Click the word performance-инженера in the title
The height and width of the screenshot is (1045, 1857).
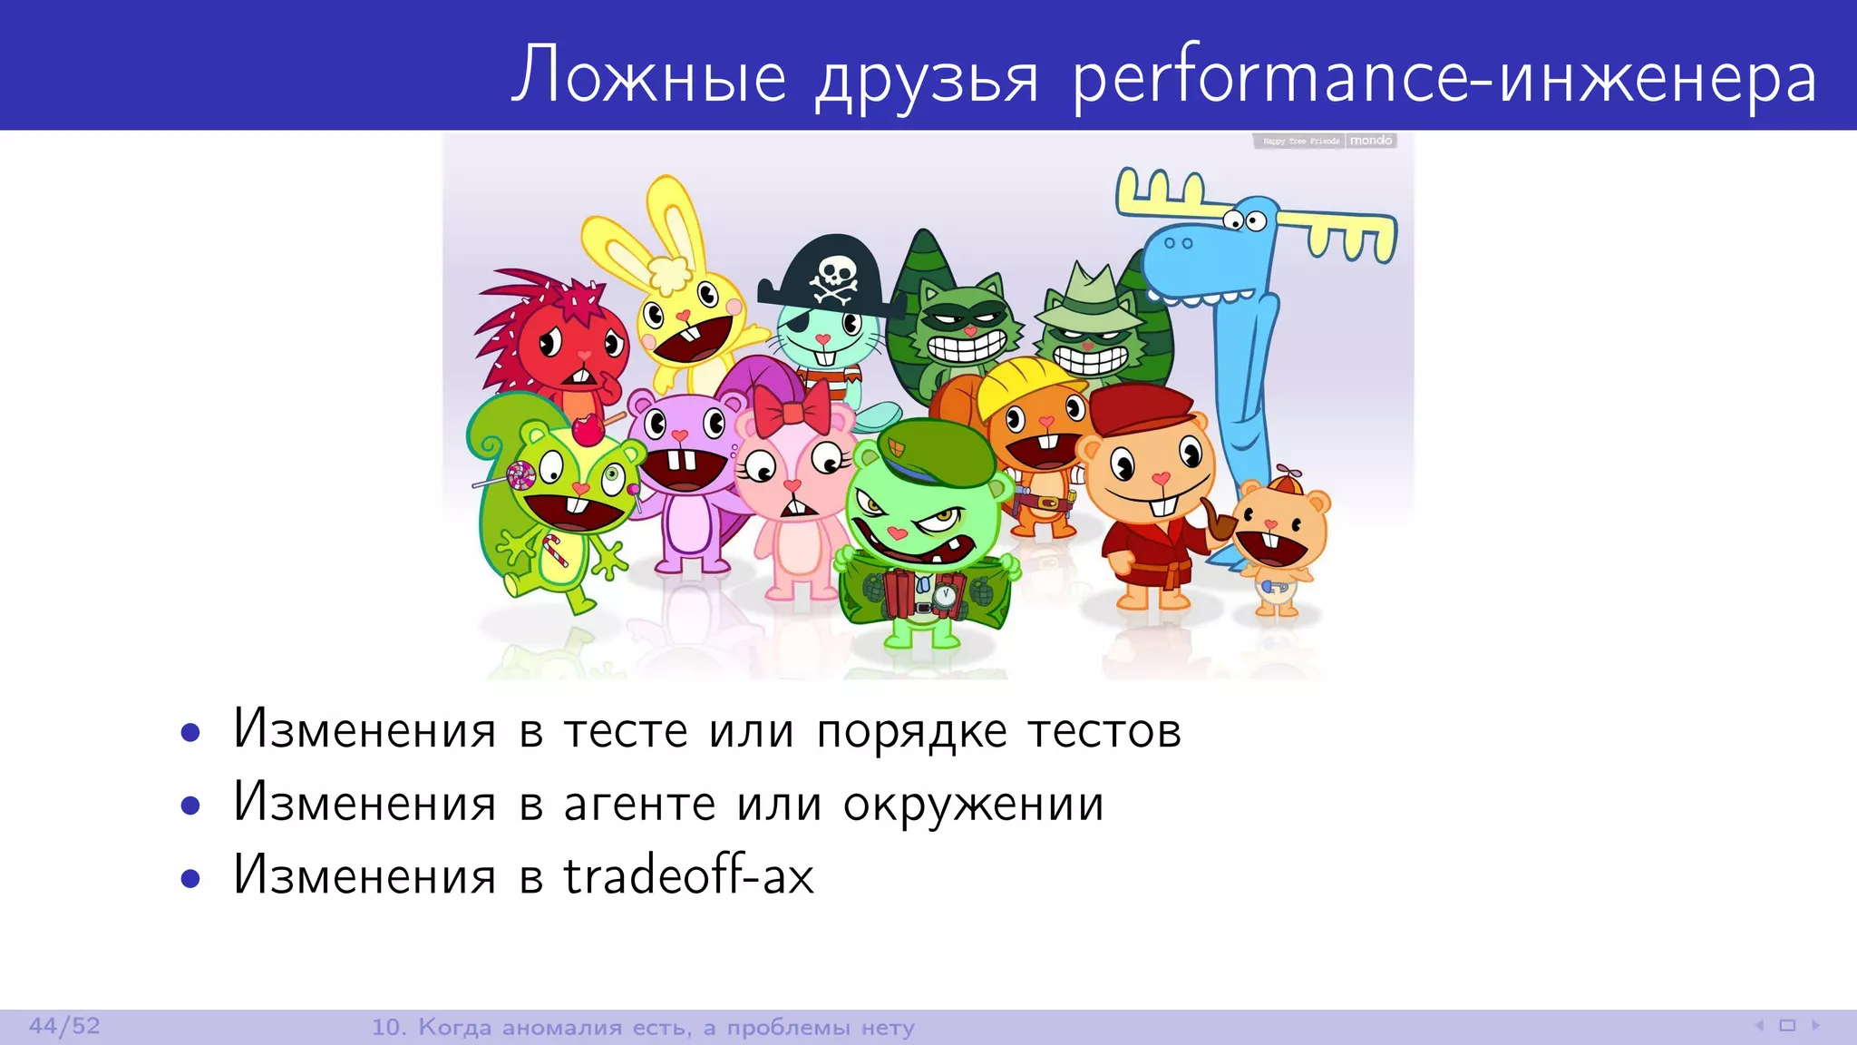(1445, 78)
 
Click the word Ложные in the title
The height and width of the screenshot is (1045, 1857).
(649, 76)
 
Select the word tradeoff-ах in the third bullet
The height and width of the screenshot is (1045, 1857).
(689, 875)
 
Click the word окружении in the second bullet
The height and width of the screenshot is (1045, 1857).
(973, 805)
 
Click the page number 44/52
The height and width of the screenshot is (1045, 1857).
(64, 1026)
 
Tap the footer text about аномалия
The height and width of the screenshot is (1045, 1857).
(643, 1027)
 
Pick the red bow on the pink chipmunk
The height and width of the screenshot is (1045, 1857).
(791, 409)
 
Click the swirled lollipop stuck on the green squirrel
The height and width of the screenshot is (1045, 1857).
(520, 474)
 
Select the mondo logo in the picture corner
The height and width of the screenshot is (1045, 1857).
(1370, 141)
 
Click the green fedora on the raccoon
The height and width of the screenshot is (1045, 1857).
(1088, 301)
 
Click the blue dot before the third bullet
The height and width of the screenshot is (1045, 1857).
(190, 878)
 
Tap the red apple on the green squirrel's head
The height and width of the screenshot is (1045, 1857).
(588, 428)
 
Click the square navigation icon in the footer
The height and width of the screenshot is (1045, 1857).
(1787, 1026)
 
